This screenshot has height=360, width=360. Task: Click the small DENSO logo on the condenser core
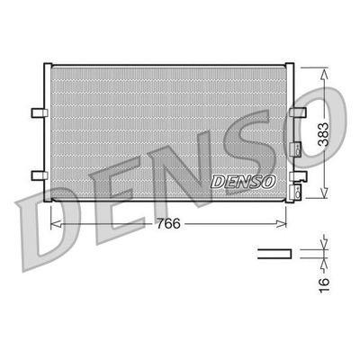[x=241, y=181]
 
